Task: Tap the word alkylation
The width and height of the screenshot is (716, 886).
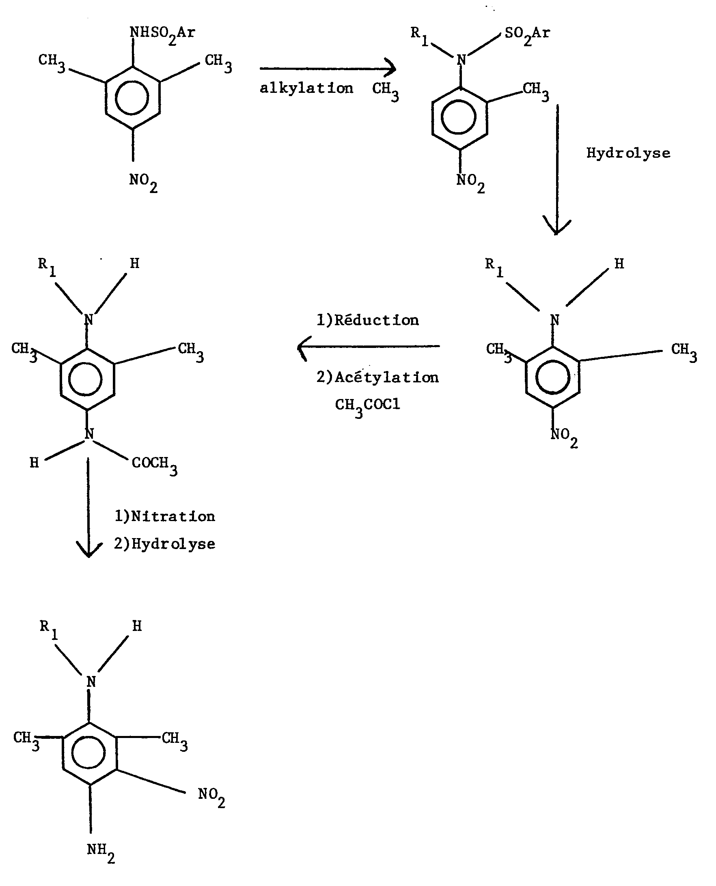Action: click(x=306, y=88)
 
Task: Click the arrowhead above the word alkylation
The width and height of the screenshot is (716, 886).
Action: click(x=390, y=69)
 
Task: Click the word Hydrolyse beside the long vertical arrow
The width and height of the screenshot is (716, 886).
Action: click(x=628, y=154)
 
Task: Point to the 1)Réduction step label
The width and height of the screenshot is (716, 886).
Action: click(x=367, y=320)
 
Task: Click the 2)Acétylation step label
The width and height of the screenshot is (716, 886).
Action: click(x=377, y=377)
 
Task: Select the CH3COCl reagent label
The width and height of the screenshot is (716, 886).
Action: click(x=367, y=406)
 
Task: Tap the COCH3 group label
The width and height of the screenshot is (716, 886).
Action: click(x=155, y=465)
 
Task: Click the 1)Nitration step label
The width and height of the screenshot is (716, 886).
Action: click(x=164, y=516)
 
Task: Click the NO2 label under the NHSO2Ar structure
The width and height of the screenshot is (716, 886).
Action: click(x=143, y=182)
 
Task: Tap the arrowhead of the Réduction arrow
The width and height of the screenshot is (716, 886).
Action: click(x=304, y=348)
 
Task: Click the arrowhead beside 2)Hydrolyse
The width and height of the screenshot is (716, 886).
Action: click(x=89, y=549)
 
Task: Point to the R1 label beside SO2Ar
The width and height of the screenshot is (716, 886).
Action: click(x=419, y=35)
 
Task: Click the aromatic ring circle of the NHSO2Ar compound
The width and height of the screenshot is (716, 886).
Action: click(x=132, y=98)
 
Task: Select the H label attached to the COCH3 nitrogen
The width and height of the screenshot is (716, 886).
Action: click(x=34, y=463)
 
